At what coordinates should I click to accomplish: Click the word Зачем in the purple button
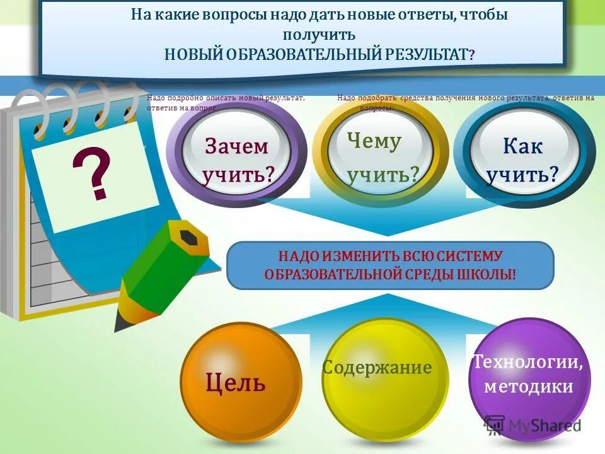coord(236,146)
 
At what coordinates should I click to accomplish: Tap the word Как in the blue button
coord(522,146)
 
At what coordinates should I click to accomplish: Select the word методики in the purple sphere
coord(528,386)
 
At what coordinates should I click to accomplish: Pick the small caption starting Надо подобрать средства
coord(465,98)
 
